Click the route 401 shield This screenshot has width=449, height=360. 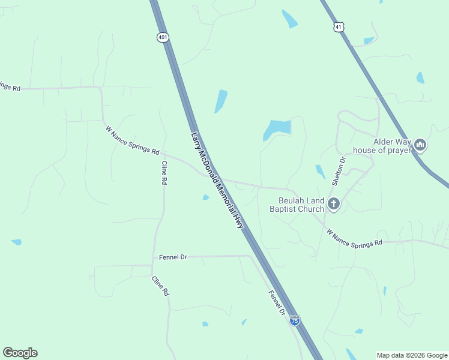[x=163, y=37]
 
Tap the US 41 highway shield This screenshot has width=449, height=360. [x=339, y=27]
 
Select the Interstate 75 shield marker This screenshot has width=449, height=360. [x=294, y=320]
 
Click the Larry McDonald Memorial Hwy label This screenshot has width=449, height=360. [x=217, y=180]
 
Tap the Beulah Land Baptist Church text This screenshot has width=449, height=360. [x=297, y=205]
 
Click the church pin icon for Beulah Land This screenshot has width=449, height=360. [x=333, y=205]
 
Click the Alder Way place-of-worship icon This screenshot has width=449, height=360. [x=420, y=145]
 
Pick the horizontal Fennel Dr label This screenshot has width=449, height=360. [x=173, y=257]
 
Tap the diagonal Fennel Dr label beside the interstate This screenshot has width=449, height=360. [x=276, y=303]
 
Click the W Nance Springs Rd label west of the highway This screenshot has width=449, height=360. [x=133, y=140]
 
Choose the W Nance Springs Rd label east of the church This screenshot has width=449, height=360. [x=354, y=237]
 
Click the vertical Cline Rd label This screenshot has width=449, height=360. [x=164, y=173]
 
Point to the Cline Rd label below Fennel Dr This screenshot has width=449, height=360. [x=160, y=286]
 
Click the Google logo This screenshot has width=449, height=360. [x=20, y=353]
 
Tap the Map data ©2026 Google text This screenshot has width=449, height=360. [x=412, y=355]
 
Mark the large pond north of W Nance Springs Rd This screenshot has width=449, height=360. [x=277, y=128]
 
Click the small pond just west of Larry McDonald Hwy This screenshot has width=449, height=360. [x=206, y=197]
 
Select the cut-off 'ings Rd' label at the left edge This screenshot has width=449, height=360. [x=10, y=87]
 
